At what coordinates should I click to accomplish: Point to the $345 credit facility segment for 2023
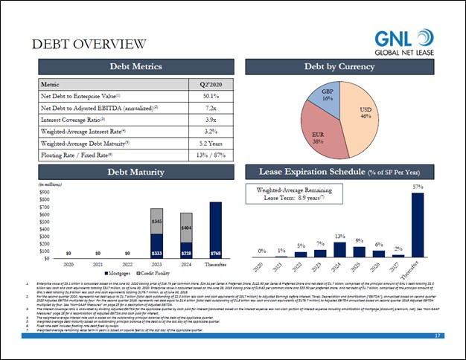coord(157,222)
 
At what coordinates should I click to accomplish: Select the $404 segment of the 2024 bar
coord(186,227)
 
